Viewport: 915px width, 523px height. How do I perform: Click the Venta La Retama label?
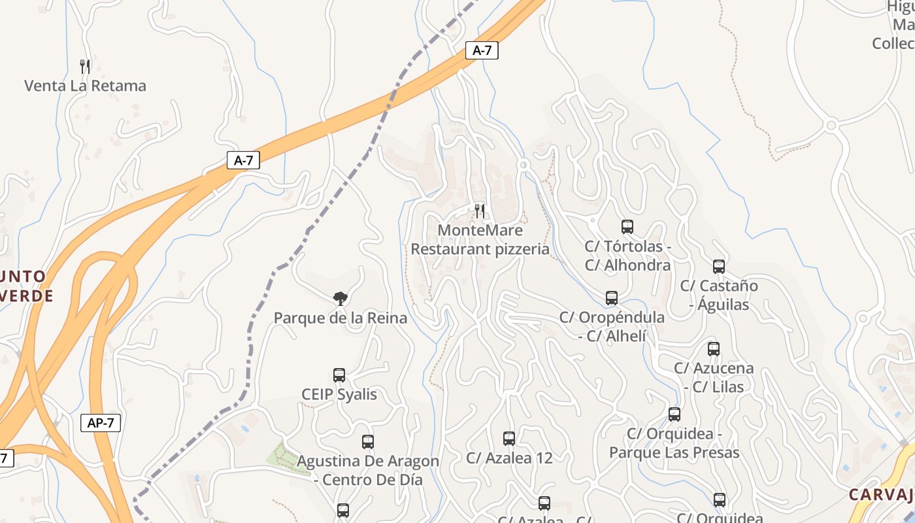pos(85,86)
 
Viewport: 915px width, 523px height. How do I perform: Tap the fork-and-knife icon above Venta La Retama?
pos(85,66)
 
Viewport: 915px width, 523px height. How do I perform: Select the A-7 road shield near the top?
pos(482,50)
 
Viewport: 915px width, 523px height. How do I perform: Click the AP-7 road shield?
pos(101,422)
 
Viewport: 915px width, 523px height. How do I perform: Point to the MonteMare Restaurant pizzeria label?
pos(480,239)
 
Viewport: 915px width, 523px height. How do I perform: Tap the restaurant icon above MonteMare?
pos(480,211)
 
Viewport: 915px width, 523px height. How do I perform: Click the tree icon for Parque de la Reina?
pos(340,299)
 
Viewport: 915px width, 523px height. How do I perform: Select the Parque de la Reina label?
pos(340,318)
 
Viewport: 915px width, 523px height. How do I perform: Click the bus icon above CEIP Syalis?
pos(339,375)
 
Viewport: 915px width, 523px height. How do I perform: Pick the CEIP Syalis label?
pos(339,395)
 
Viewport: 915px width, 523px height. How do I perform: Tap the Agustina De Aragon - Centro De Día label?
pos(368,470)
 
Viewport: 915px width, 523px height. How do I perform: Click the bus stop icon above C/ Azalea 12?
pos(509,439)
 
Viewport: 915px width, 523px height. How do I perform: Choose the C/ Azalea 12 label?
pos(509,458)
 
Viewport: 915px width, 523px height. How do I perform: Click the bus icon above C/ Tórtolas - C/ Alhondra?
pos(627,227)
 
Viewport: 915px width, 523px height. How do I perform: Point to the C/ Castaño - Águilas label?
pos(719,295)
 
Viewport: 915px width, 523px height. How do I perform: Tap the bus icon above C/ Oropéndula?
pos(612,298)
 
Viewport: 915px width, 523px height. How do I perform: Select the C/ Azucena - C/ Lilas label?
pos(714,377)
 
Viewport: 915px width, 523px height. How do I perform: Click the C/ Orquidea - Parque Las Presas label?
pos(674,443)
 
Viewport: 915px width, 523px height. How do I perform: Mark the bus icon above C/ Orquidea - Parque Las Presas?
pos(674,414)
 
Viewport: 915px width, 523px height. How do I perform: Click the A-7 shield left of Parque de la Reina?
pos(243,160)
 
